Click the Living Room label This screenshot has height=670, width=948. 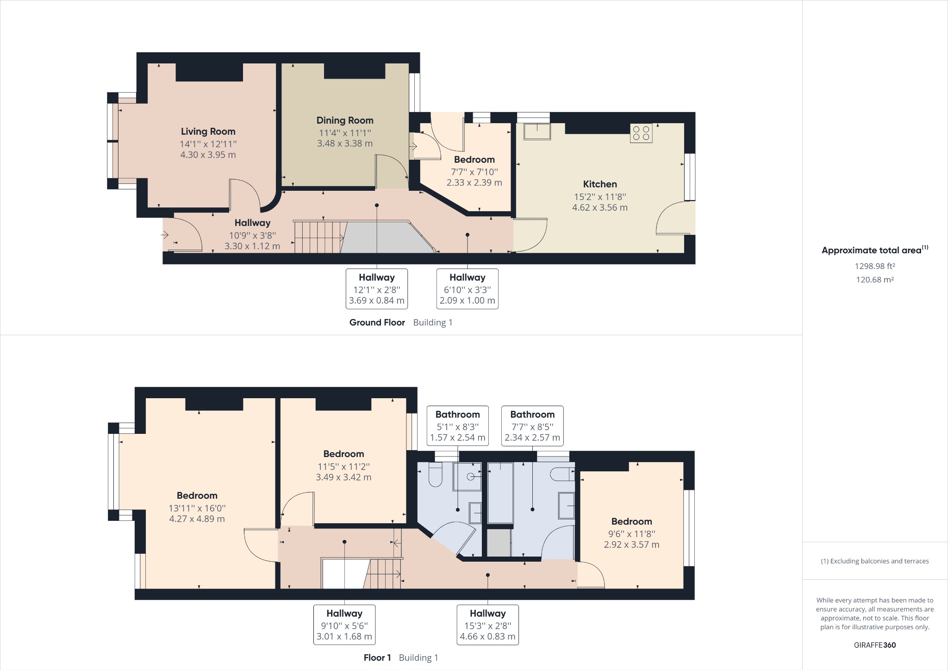pyautogui.click(x=208, y=131)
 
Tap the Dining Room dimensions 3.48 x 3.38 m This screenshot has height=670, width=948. pyautogui.click(x=344, y=144)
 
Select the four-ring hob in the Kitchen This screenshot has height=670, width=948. pyautogui.click(x=641, y=133)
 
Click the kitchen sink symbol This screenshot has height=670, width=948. pyautogui.click(x=537, y=131)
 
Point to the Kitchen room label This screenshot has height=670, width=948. pyautogui.click(x=599, y=184)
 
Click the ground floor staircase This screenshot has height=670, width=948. pyautogui.click(x=319, y=238)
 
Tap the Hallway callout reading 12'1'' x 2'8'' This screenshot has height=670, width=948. pyautogui.click(x=376, y=289)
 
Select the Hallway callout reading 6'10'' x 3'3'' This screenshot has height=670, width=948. pyautogui.click(x=467, y=289)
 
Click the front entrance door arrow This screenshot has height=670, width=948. pyautogui.click(x=165, y=235)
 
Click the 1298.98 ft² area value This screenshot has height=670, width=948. pyautogui.click(x=874, y=266)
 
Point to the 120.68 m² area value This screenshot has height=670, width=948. pyautogui.click(x=874, y=280)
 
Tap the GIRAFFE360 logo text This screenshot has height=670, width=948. pyautogui.click(x=874, y=645)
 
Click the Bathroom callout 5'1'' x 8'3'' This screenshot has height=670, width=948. pyautogui.click(x=457, y=426)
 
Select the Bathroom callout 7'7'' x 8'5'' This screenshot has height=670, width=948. pyautogui.click(x=532, y=426)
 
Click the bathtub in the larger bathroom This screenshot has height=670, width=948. pyautogui.click(x=500, y=493)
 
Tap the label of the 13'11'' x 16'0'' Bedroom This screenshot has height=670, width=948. pyautogui.click(x=197, y=496)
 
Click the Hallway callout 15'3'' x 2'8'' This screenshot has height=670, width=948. pyautogui.click(x=487, y=625)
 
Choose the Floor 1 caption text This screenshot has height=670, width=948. pyautogui.click(x=377, y=657)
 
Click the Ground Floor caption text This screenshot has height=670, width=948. pyautogui.click(x=377, y=323)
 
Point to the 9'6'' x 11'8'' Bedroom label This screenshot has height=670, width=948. pyautogui.click(x=631, y=522)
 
